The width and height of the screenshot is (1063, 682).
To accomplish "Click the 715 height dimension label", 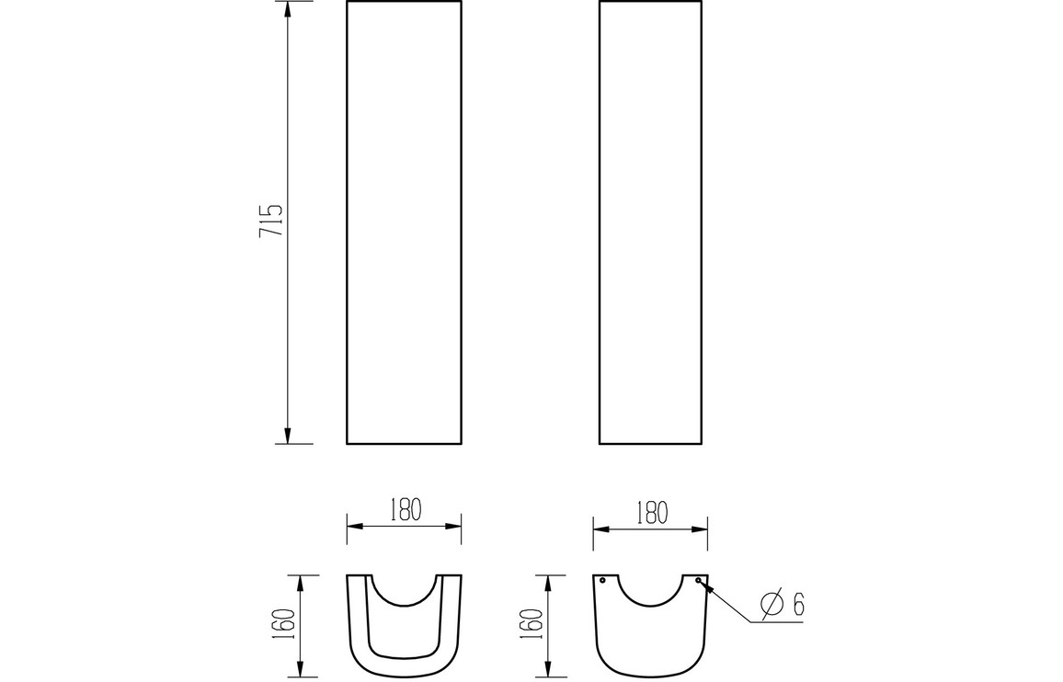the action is tap(270, 221).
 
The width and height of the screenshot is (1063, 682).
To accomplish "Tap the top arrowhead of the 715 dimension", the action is tap(288, 9).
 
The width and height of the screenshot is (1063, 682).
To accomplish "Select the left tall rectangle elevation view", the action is tap(404, 222).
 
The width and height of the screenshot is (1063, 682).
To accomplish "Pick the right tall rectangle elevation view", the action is tap(651, 222).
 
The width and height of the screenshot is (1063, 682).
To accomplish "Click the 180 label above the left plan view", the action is tap(406, 510).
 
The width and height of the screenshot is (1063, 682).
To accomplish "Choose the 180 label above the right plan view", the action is tap(651, 513).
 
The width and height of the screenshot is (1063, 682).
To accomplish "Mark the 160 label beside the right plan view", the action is tap(533, 624).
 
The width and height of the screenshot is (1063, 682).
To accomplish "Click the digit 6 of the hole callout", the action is tap(798, 605).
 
